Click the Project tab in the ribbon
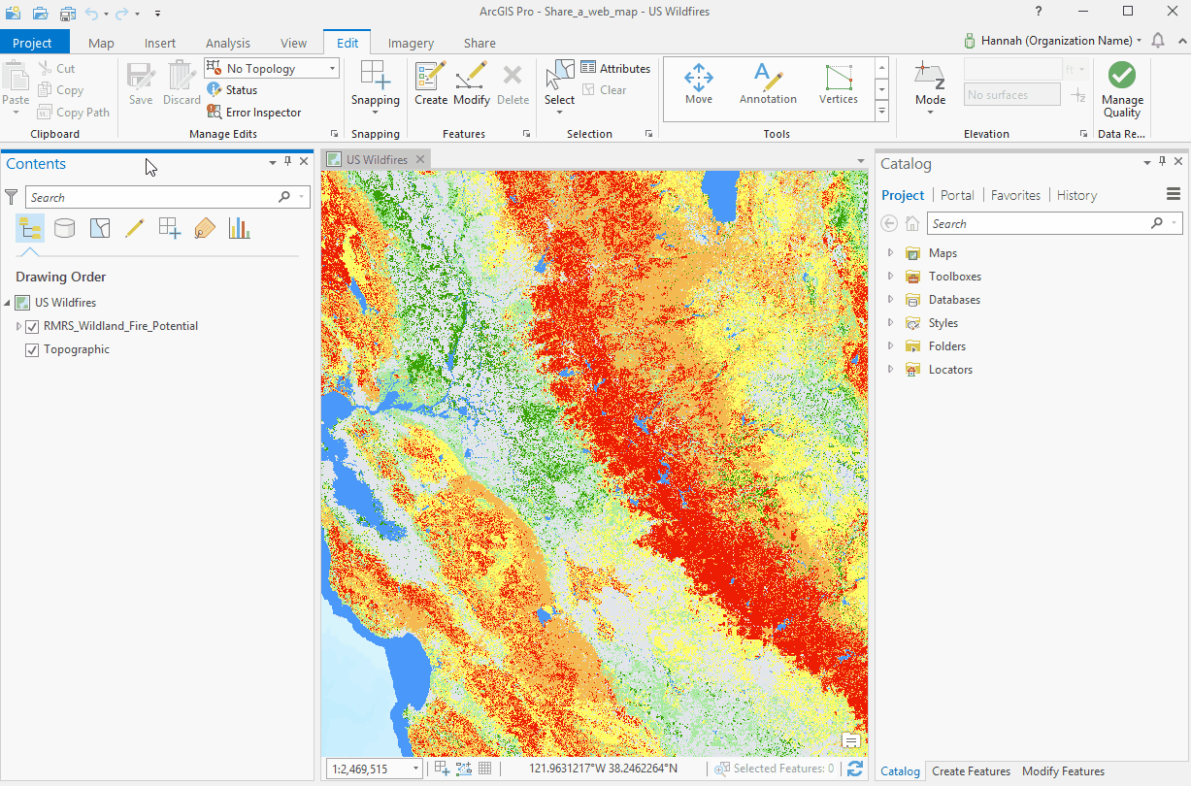click(33, 43)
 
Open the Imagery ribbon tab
click(411, 43)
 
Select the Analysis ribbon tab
click(227, 43)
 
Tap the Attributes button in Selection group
click(615, 69)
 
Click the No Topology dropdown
click(272, 69)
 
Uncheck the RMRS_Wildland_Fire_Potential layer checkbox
click(32, 327)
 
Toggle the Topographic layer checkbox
click(32, 350)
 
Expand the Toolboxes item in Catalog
click(890, 277)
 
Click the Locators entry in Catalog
click(949, 370)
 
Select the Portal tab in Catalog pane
click(957, 195)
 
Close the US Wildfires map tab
click(419, 160)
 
